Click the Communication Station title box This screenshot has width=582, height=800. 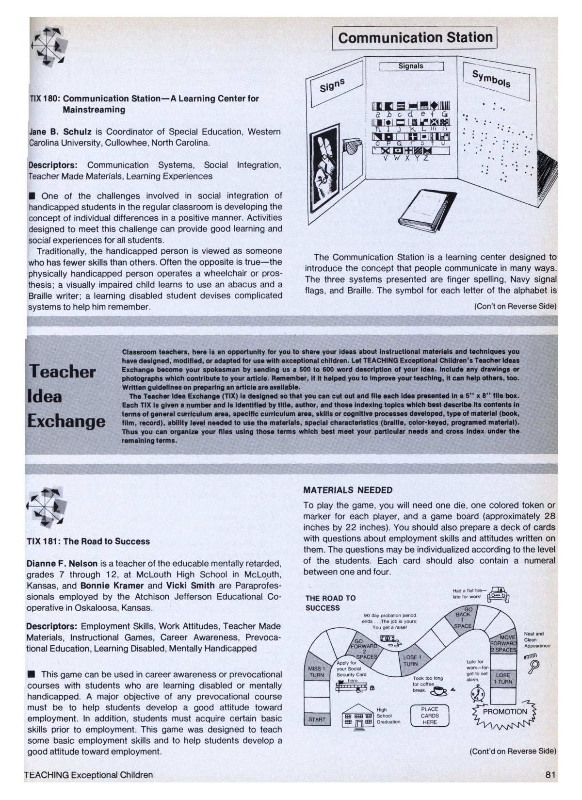tap(415, 38)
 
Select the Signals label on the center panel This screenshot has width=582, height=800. tap(411, 66)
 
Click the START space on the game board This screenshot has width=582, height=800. tap(317, 719)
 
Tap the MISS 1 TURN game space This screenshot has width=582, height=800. tap(316, 672)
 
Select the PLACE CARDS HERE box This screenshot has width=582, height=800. tap(430, 716)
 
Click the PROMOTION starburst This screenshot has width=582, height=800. tap(504, 713)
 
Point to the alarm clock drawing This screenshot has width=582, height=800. tap(478, 695)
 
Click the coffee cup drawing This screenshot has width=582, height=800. tap(440, 691)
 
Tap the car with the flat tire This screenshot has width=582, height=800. tap(498, 595)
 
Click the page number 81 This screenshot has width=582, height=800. tap(550, 775)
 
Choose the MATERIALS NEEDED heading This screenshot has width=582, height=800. tap(348, 490)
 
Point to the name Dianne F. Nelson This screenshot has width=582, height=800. tap(62, 564)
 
